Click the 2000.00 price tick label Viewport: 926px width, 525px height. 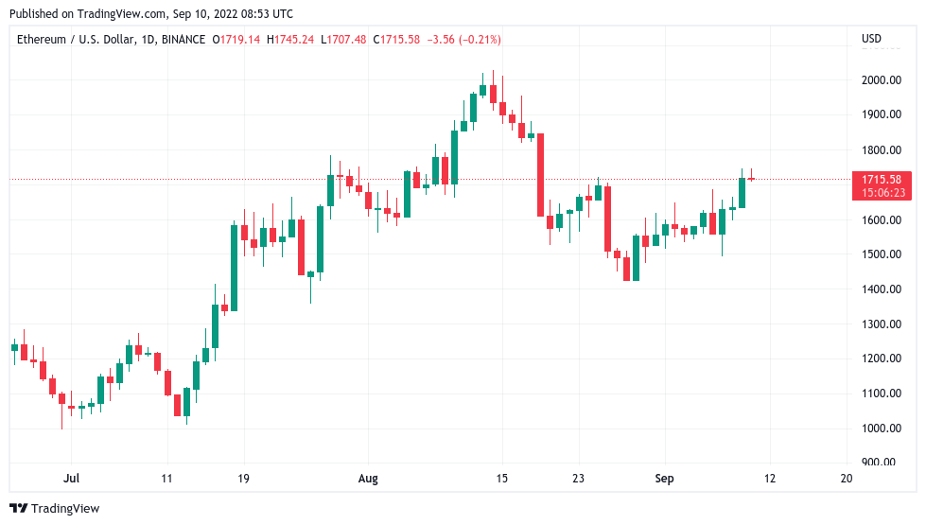[880, 80]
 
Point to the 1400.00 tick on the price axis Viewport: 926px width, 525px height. [880, 289]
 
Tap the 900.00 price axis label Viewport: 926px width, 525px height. [880, 463]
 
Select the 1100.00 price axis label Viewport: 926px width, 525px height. [880, 394]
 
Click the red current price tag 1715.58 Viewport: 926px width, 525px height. [881, 179]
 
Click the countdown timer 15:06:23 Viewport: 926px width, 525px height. [881, 192]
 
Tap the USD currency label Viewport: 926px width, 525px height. [871, 39]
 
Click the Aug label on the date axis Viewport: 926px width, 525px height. [368, 479]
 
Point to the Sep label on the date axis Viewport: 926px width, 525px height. [664, 479]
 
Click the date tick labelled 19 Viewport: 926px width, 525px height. [243, 479]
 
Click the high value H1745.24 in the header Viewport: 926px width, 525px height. [290, 39]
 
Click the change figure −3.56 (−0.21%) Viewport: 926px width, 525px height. [464, 39]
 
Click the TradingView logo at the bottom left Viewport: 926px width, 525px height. [54, 508]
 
